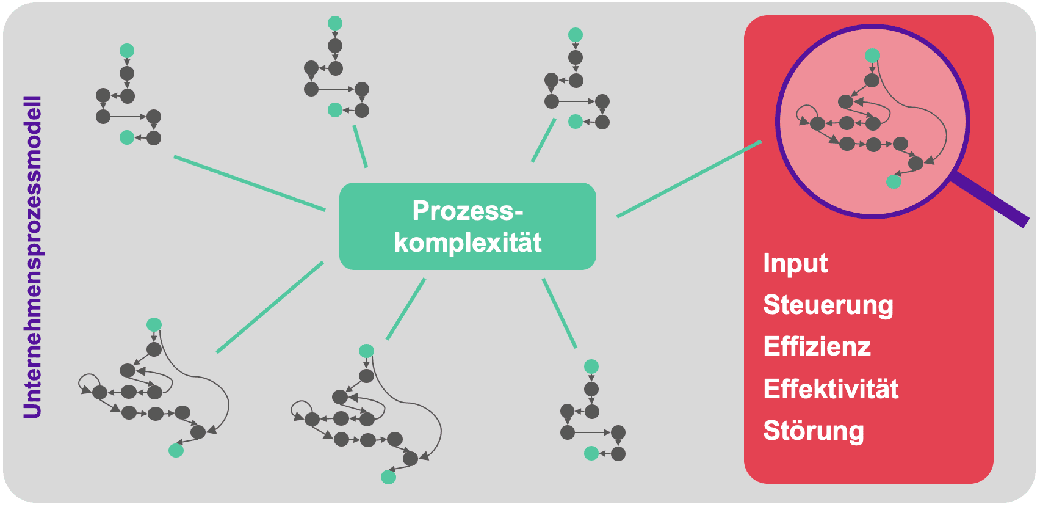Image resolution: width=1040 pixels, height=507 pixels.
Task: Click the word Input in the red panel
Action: tap(795, 264)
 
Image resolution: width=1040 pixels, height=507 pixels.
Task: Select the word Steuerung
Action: tap(828, 305)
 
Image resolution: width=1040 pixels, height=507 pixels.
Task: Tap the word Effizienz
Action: tap(817, 347)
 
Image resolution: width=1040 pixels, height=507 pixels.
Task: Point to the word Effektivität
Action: tap(831, 389)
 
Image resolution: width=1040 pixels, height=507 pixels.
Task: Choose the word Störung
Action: tap(814, 431)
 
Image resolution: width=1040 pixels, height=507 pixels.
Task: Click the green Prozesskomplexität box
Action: tap(468, 226)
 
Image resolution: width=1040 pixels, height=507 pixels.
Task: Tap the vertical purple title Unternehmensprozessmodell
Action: tap(32, 257)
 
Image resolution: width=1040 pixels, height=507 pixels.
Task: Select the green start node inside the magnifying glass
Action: tap(873, 56)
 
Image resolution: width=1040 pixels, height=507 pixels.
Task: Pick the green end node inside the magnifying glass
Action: tap(894, 181)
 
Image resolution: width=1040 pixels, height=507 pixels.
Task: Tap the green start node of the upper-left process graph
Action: tap(127, 51)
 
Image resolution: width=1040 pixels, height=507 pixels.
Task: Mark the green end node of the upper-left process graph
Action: tap(127, 137)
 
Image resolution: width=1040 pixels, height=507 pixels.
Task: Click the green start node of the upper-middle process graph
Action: tap(335, 23)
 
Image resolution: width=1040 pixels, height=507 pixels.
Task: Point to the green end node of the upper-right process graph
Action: tap(576, 122)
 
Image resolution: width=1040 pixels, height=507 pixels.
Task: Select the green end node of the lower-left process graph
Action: tap(176, 451)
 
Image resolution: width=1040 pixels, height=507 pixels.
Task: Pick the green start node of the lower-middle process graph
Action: tap(366, 351)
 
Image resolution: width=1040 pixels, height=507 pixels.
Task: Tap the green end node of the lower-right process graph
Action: tap(591, 453)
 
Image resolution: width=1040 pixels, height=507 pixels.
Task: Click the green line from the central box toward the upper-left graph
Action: tap(249, 183)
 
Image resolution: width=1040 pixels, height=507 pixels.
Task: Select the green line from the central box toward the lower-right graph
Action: tap(559, 313)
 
